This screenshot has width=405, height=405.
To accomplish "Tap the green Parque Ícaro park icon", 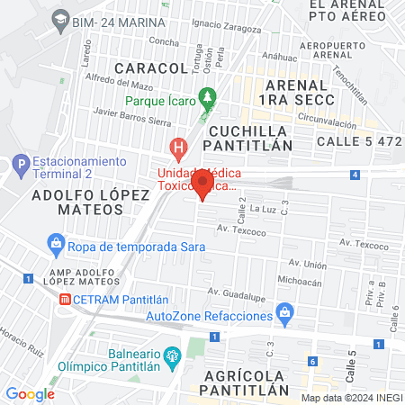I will pyautogui.click(x=208, y=95).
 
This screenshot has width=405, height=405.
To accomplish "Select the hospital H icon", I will pyautogui.click(x=179, y=146).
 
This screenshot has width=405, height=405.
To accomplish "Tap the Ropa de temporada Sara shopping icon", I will pyautogui.click(x=56, y=244).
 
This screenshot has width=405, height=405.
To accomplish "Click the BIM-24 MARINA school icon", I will pyautogui.click(x=59, y=18).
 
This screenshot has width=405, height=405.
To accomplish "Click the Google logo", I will pyautogui.click(x=30, y=393).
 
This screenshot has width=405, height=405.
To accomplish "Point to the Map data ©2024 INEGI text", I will pyautogui.click(x=350, y=398).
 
